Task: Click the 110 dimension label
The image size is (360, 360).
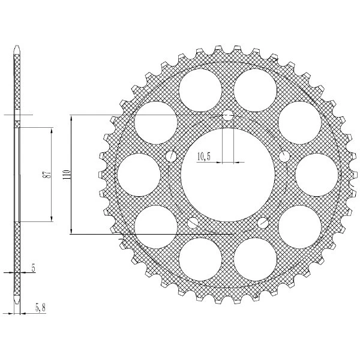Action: pos(67,175)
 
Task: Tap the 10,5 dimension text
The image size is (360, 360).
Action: pos(203,157)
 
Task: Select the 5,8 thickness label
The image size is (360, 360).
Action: pos(40,308)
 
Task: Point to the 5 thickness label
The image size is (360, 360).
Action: pos(34,268)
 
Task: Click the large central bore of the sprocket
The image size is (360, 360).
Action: pos(228,175)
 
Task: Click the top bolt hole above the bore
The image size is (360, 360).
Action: pos(228,116)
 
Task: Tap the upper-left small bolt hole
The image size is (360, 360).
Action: pos(171,157)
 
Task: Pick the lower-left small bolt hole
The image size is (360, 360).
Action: pos(193,223)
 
